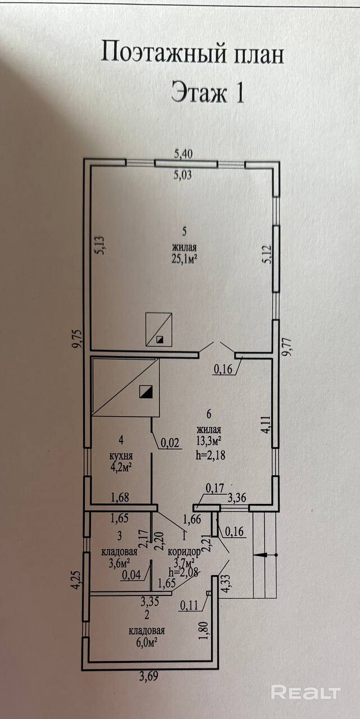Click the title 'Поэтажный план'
tap(193, 54)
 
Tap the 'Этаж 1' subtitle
tap(207, 93)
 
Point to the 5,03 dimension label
tap(183, 175)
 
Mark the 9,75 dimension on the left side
tap(78, 339)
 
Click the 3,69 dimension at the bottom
tap(147, 676)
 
